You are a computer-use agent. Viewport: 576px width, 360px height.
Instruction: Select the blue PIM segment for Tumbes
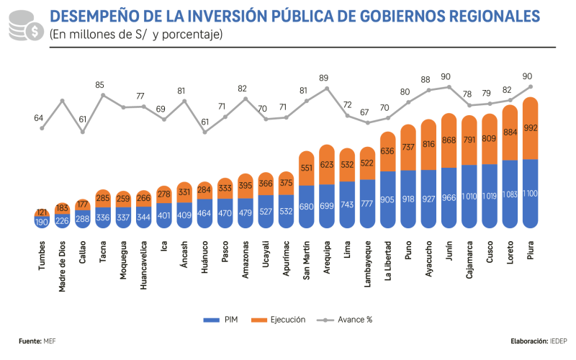coord(42,222)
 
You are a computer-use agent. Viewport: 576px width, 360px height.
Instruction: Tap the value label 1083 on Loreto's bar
coord(510,194)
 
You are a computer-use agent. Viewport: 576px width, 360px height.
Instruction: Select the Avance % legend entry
coord(346,319)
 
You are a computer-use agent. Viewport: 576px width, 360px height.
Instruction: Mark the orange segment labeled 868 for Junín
coord(449,140)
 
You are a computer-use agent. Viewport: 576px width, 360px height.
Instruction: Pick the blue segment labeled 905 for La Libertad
coord(388,199)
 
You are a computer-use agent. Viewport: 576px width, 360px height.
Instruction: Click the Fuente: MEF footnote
coord(37,341)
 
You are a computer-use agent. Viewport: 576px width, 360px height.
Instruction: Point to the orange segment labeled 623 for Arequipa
coord(327,165)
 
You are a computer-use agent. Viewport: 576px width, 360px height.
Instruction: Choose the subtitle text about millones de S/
coord(136,34)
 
